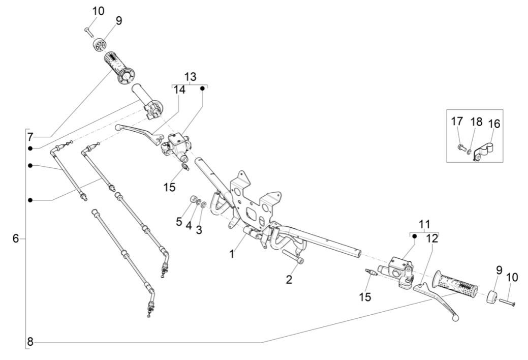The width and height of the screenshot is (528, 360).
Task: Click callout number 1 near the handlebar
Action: (x=232, y=253)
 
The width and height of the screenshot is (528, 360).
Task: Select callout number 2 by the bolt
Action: (x=289, y=279)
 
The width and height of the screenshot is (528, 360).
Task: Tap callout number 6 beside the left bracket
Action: (x=16, y=238)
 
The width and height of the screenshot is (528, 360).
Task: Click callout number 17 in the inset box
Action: (x=457, y=122)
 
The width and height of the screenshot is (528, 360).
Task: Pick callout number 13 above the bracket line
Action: (x=190, y=77)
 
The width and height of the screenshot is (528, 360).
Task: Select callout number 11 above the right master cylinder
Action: (x=424, y=224)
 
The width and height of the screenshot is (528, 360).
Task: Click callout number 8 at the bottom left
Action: (x=30, y=342)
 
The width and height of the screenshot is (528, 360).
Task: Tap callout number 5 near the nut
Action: (x=179, y=221)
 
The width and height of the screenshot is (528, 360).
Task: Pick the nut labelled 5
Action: (x=194, y=199)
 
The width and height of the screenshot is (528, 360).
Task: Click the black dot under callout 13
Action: (x=202, y=88)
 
